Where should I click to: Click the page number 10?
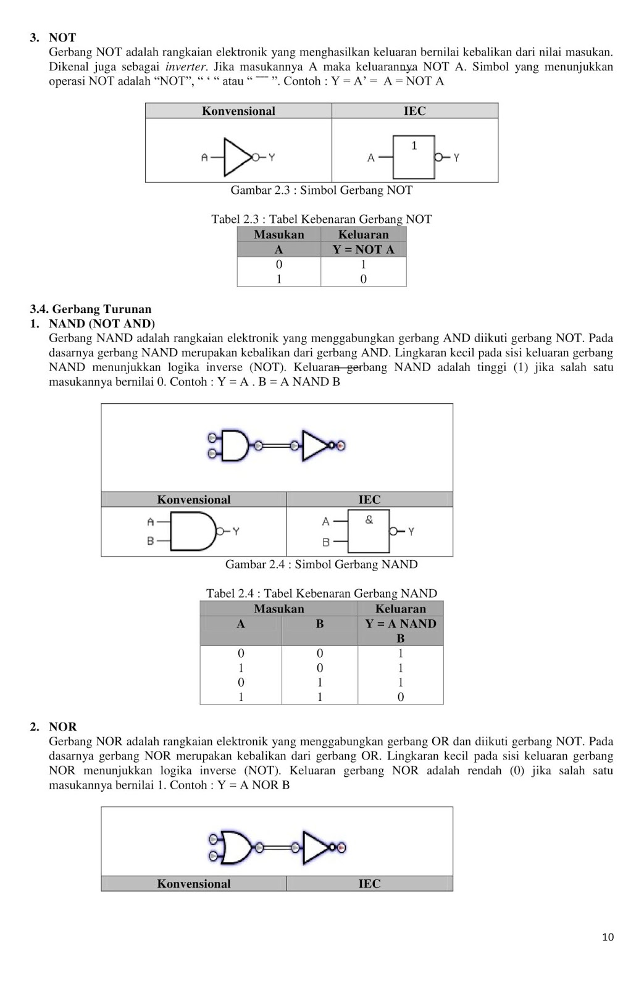(608, 937)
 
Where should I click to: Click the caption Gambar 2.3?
(321, 190)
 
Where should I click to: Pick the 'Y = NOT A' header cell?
(363, 249)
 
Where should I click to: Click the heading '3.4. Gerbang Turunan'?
(91, 309)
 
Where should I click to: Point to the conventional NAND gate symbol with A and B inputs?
(193, 531)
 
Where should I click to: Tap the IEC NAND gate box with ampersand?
(369, 531)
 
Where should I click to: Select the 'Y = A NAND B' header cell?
(400, 630)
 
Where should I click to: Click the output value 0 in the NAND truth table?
(400, 697)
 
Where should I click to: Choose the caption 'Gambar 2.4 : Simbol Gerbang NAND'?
(321, 564)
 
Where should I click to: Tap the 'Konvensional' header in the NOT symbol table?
(238, 111)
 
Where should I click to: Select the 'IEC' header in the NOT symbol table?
(414, 111)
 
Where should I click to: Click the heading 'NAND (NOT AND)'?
(102, 324)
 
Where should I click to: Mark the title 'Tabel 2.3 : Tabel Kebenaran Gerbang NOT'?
(321, 219)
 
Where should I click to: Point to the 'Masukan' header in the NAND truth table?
(278, 609)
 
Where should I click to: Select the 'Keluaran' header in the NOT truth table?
(363, 235)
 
